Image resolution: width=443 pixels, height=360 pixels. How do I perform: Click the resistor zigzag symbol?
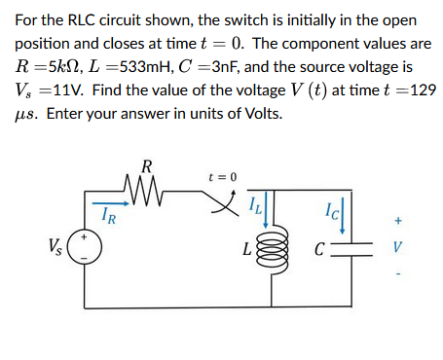pyautogui.click(x=146, y=183)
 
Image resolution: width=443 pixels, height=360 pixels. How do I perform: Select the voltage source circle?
pyautogui.click(x=84, y=249)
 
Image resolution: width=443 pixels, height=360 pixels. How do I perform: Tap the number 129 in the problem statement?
pyautogui.click(x=422, y=90)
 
